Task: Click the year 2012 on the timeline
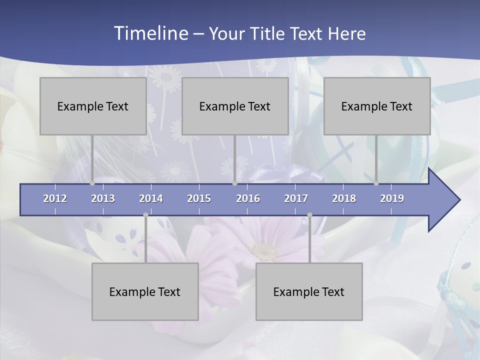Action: (x=55, y=198)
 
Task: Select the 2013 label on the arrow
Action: (x=103, y=198)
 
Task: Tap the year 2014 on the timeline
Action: (x=151, y=198)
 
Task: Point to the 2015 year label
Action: (x=199, y=198)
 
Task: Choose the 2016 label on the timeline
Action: (x=248, y=198)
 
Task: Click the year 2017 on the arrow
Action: (x=296, y=198)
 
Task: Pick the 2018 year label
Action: (x=344, y=198)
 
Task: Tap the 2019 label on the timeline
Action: (x=392, y=198)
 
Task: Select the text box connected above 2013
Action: (x=93, y=106)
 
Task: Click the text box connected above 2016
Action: (x=235, y=106)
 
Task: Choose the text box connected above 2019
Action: (x=377, y=106)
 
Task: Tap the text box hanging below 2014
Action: (x=145, y=291)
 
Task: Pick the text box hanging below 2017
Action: (x=309, y=291)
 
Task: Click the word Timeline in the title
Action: (x=150, y=33)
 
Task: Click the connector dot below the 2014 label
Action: (x=145, y=215)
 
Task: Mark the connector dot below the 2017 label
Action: (x=309, y=215)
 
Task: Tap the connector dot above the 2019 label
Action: (x=376, y=183)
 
